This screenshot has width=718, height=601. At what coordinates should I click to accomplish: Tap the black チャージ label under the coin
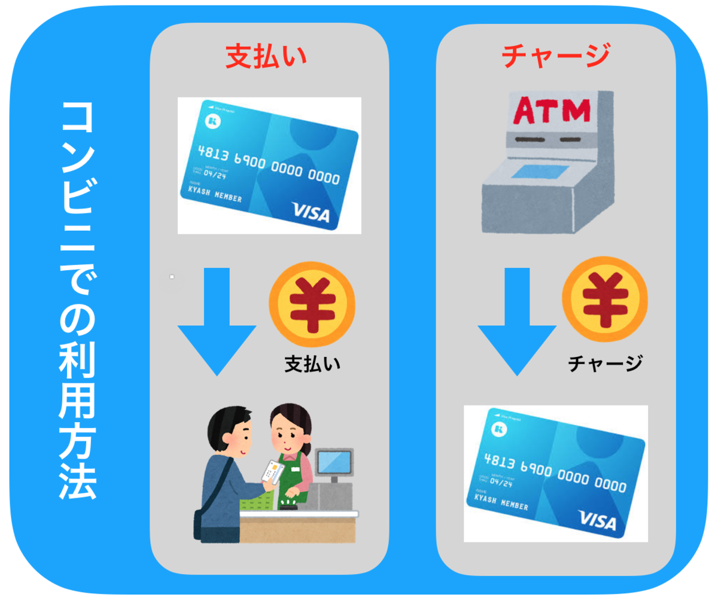click(x=605, y=362)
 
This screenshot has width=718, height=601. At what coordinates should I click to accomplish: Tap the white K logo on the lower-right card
click(x=497, y=428)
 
